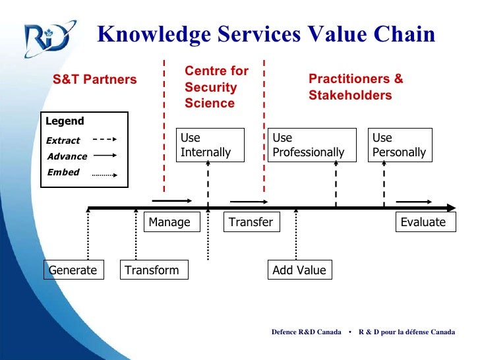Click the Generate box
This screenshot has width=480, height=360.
point(73,270)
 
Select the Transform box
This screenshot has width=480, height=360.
point(154,270)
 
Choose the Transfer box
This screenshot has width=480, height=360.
point(251,222)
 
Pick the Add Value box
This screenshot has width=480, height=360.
point(299,270)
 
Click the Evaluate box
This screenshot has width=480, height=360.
point(423,222)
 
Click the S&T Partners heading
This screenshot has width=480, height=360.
point(95,80)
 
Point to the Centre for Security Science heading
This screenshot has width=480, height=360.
point(216,87)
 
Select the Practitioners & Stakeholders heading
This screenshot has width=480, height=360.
point(356,87)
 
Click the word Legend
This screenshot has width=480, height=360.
point(65,121)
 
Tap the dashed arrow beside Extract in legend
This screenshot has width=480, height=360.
point(104,140)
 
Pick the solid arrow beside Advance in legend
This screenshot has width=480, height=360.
point(104,156)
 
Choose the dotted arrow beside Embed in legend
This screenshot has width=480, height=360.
point(104,175)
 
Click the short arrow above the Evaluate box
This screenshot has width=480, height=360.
point(410,201)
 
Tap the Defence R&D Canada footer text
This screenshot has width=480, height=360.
point(306,332)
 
